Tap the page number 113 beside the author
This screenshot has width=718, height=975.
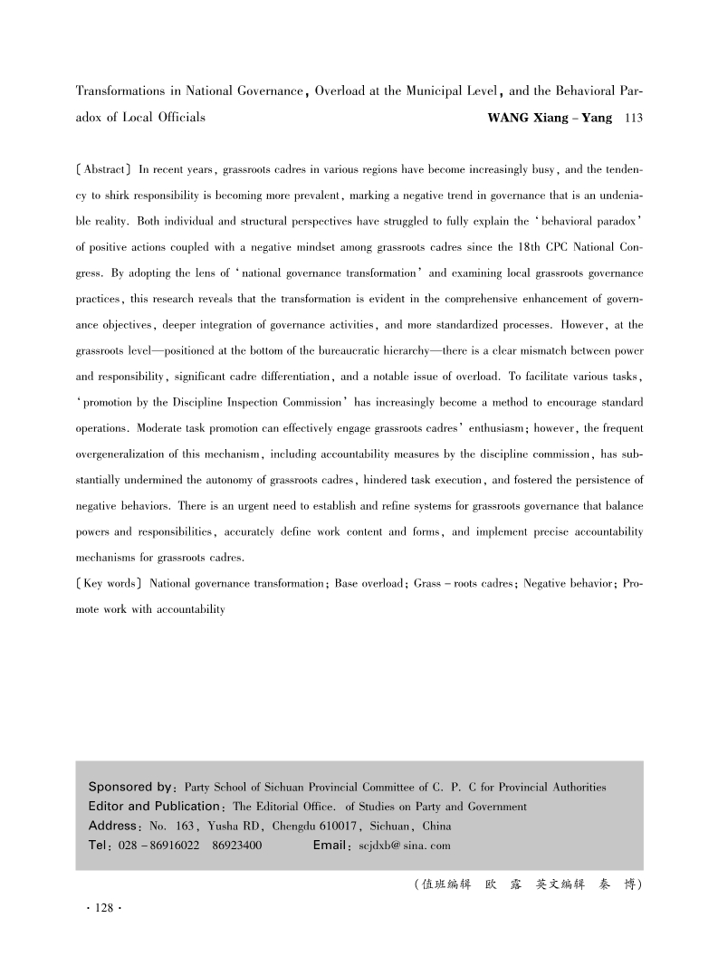coord(628,118)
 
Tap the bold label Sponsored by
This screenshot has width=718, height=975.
coord(130,787)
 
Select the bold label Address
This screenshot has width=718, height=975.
coord(115,826)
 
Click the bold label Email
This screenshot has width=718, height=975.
coord(330,846)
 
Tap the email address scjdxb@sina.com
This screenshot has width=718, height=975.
coord(405,846)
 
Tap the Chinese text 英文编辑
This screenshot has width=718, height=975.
coord(560,884)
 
